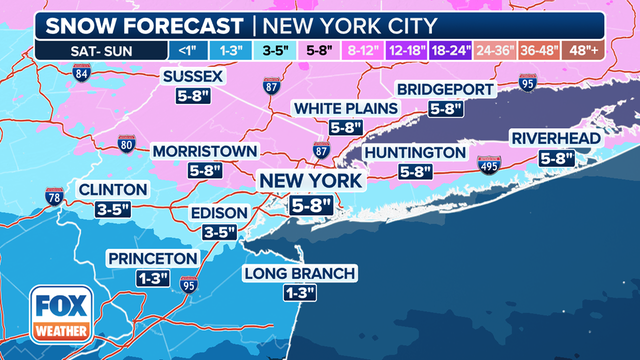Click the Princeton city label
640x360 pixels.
(x=154, y=258)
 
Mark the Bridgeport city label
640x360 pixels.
(x=445, y=90)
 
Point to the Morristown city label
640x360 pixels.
(x=205, y=152)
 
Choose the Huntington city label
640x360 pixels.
(x=415, y=152)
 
